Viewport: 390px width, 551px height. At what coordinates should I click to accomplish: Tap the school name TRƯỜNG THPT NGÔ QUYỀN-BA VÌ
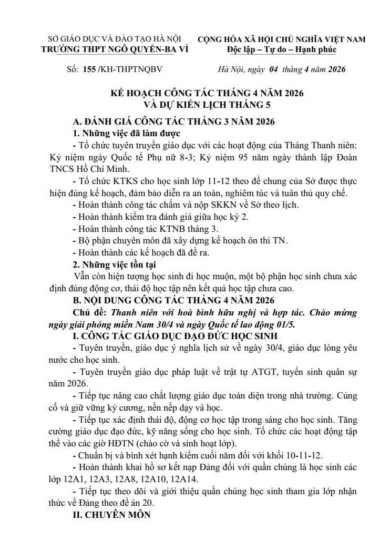[114, 49]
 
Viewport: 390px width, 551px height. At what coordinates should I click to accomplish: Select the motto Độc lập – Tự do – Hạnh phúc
[282, 49]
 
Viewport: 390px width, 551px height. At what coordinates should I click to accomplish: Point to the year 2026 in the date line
[334, 69]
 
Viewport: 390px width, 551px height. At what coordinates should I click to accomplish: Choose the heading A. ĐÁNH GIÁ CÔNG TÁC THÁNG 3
[174, 120]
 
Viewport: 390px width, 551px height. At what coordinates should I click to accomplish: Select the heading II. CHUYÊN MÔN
[111, 515]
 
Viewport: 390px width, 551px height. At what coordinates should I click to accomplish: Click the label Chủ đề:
[88, 312]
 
